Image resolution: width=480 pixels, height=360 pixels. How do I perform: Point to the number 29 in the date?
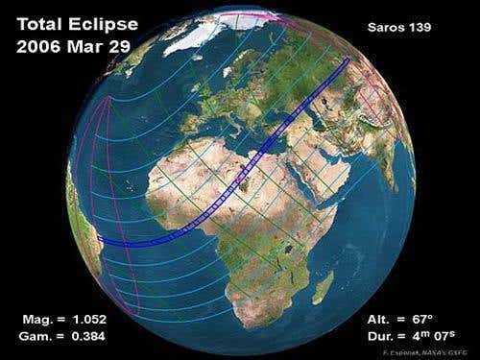coord(125,46)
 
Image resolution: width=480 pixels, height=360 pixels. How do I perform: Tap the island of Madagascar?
coord(325,288)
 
